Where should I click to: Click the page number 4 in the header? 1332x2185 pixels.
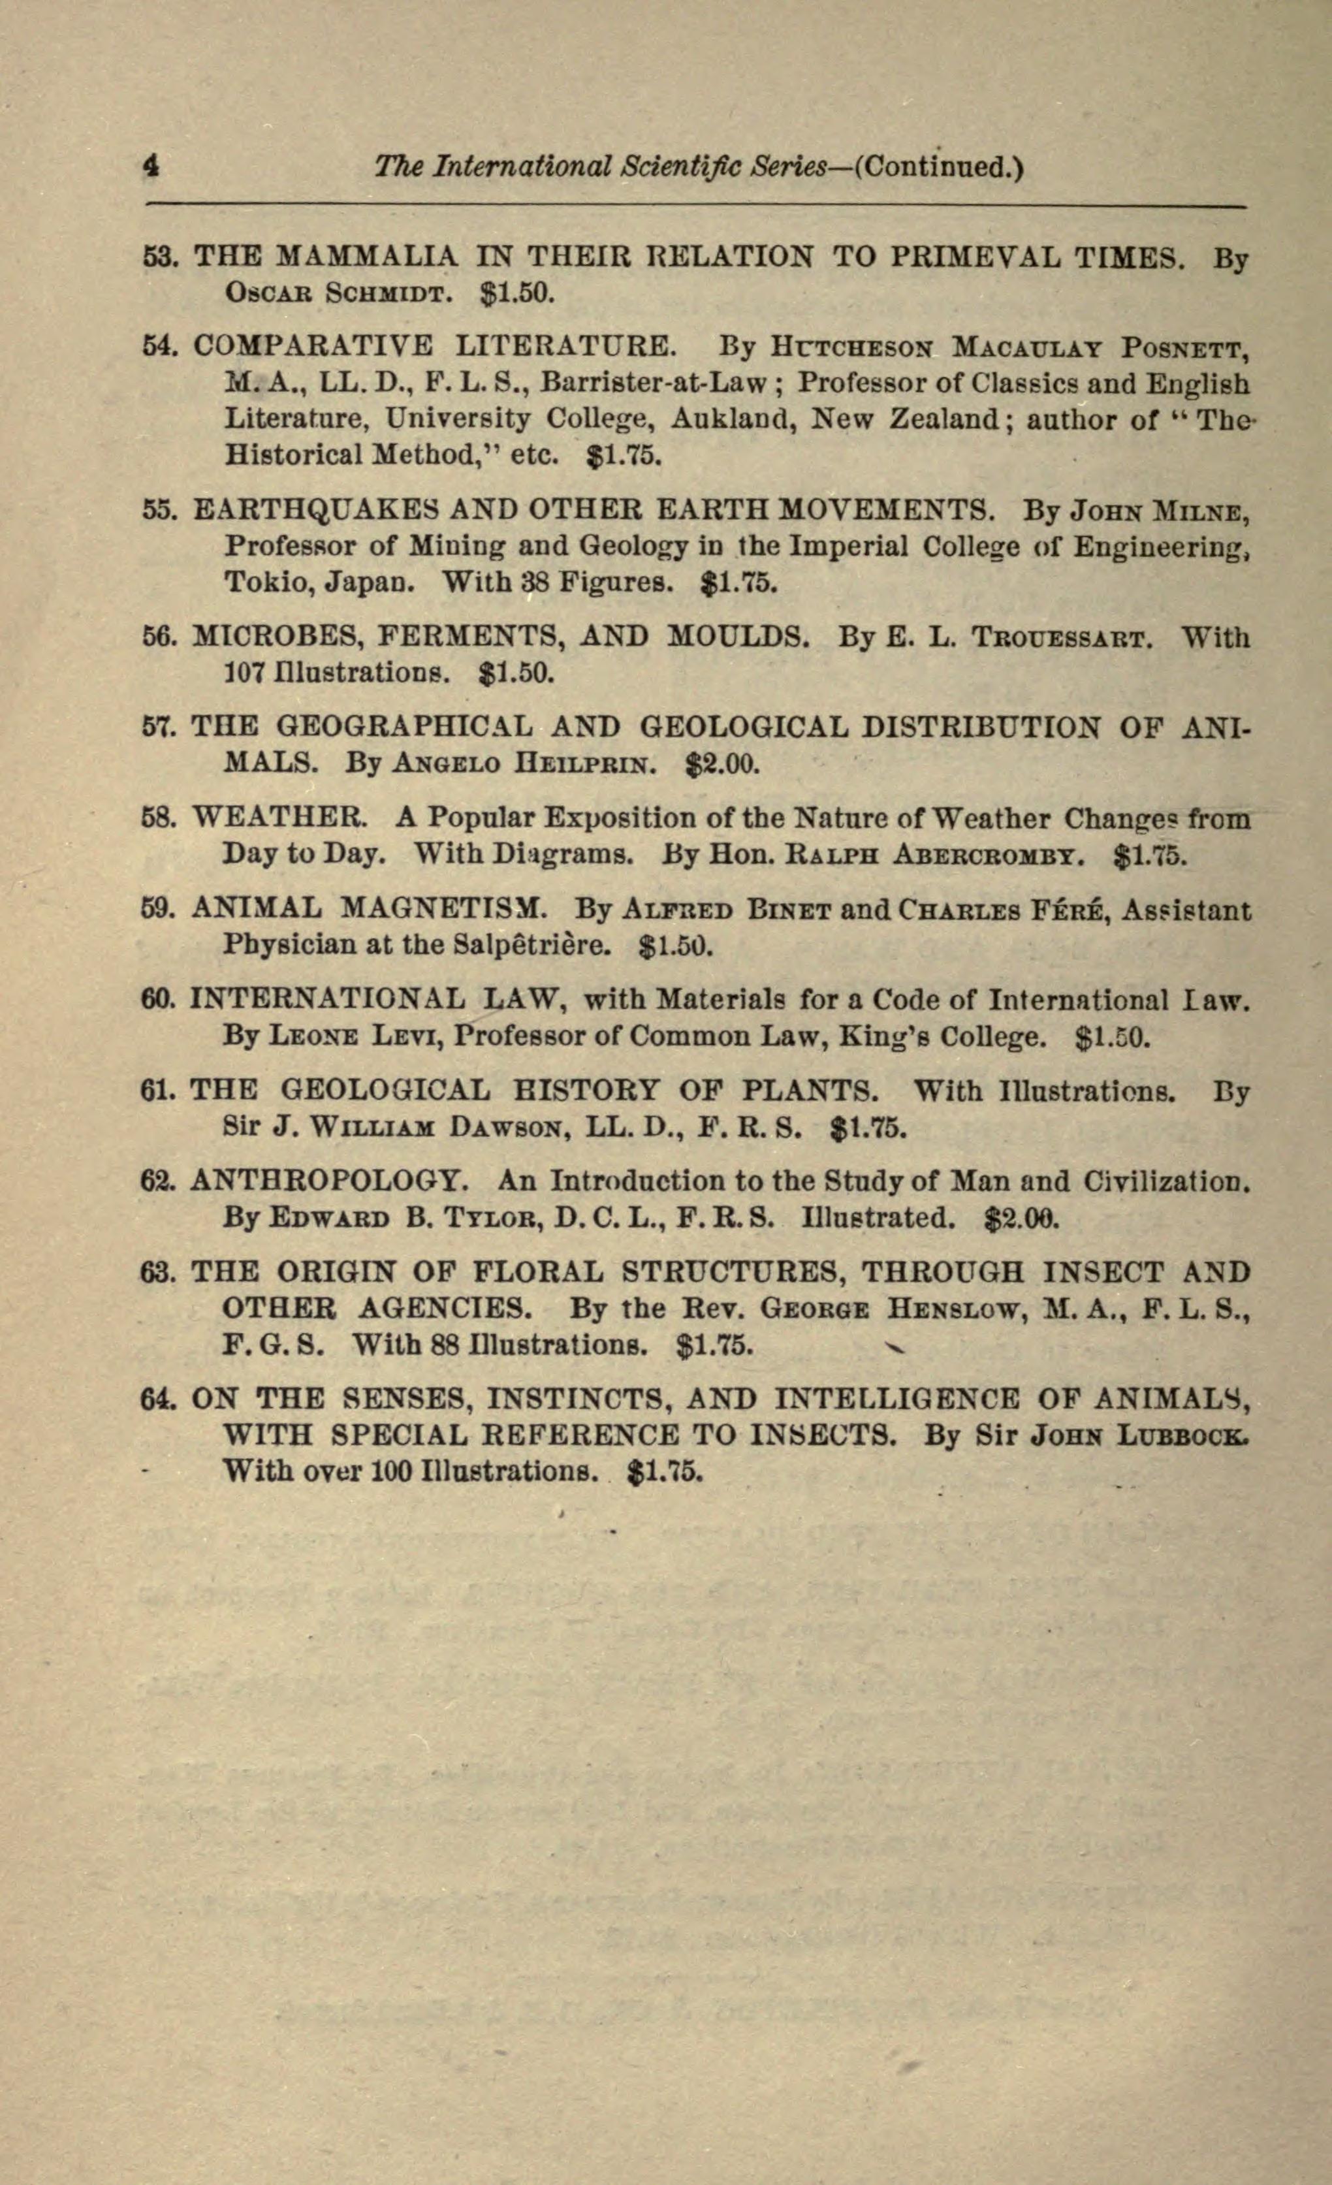(151, 166)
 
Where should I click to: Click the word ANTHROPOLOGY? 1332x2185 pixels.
(329, 1181)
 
